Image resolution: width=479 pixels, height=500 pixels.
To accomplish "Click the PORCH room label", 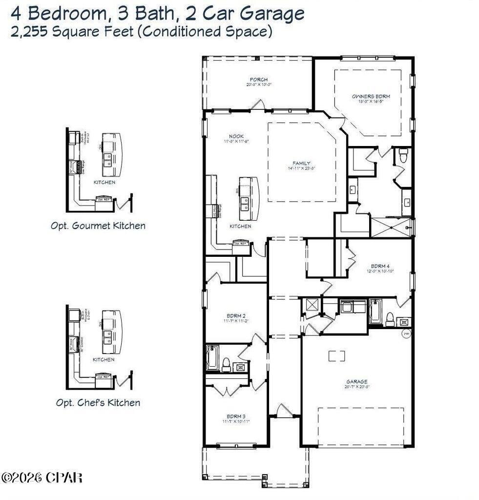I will [x=258, y=80].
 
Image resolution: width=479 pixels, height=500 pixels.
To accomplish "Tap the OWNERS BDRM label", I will [x=371, y=97].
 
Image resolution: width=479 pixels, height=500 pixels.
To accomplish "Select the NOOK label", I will [x=236, y=136].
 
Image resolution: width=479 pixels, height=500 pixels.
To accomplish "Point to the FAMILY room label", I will [x=301, y=164].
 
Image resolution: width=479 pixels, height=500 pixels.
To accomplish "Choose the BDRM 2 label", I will [x=236, y=315].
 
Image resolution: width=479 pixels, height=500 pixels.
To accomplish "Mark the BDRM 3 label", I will [x=236, y=416].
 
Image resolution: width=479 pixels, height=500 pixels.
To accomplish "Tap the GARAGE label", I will [x=357, y=382].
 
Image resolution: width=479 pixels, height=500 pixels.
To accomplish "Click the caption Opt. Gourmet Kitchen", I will [x=98, y=226].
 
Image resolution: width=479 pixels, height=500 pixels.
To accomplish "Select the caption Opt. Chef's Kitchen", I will [x=98, y=403].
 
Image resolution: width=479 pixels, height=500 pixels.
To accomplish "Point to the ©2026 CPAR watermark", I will [x=42, y=477].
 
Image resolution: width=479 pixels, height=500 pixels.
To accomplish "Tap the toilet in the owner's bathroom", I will [x=403, y=156].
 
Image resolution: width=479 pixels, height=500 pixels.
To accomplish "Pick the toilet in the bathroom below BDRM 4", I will [x=390, y=319].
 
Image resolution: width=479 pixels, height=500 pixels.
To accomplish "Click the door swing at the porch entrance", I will [x=258, y=104].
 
